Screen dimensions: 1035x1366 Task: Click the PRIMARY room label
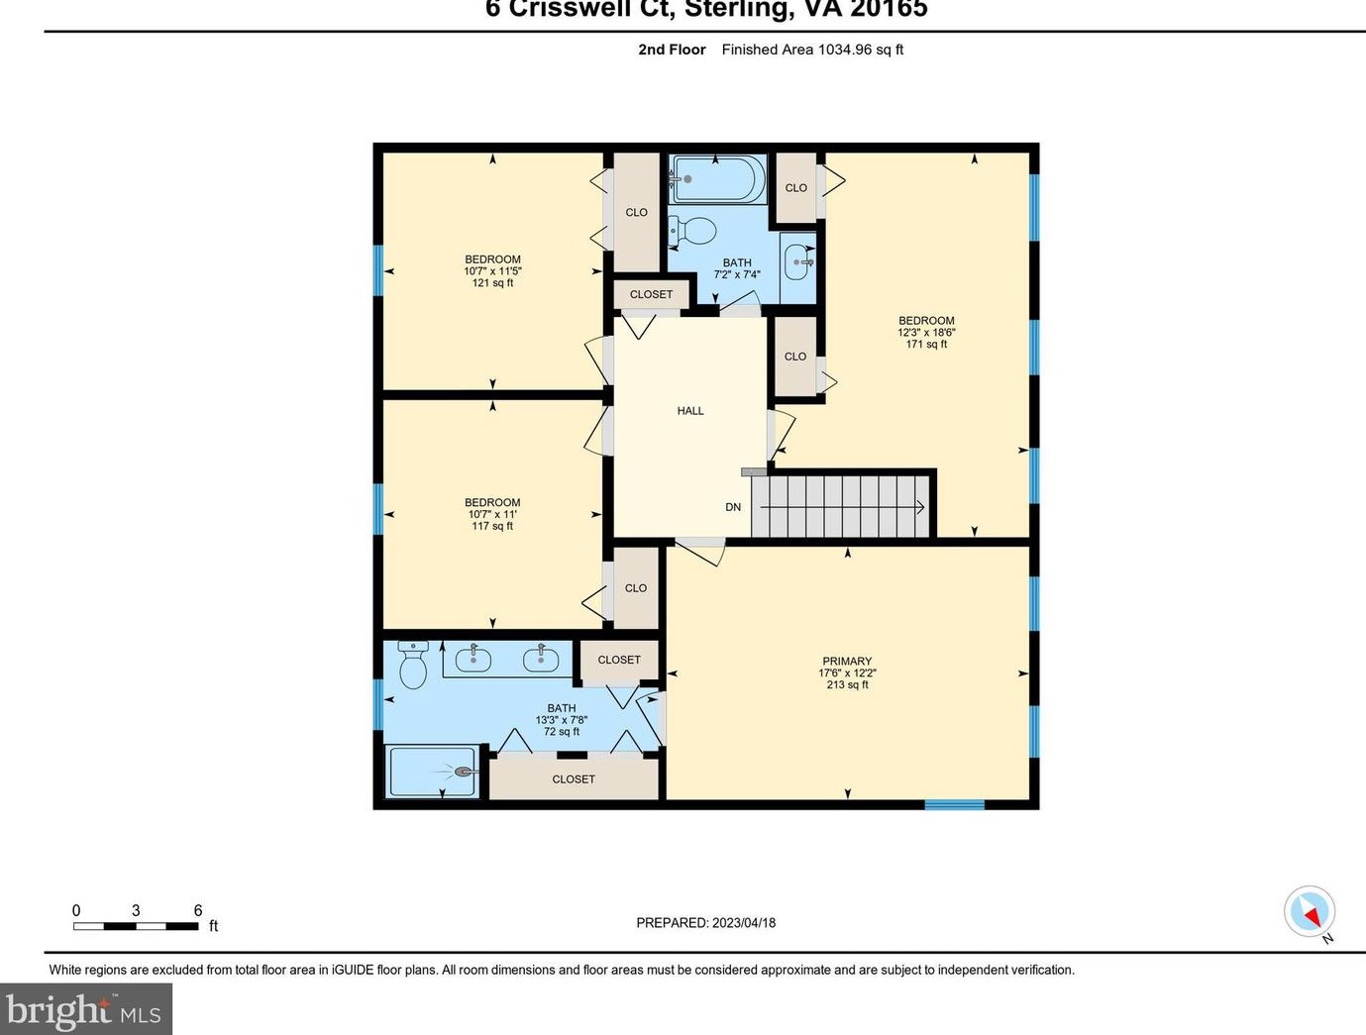847,662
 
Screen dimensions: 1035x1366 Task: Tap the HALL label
690,411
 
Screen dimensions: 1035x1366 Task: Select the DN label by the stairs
733,507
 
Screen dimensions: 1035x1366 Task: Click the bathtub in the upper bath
717,179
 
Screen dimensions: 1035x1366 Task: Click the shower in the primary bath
433,772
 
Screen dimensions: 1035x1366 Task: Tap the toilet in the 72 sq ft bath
412,665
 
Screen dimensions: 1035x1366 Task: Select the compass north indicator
1311,912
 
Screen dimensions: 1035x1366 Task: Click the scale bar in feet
136,926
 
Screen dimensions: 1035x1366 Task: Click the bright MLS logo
85,1010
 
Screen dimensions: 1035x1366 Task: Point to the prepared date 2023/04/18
705,923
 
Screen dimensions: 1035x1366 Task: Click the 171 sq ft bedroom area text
926,345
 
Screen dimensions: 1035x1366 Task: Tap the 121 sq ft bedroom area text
492,283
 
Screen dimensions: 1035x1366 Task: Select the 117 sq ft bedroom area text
492,526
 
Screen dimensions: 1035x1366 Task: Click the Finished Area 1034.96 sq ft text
812,50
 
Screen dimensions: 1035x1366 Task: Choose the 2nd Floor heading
672,50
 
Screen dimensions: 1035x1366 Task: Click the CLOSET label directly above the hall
651,294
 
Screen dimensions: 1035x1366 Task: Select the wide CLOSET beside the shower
574,779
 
